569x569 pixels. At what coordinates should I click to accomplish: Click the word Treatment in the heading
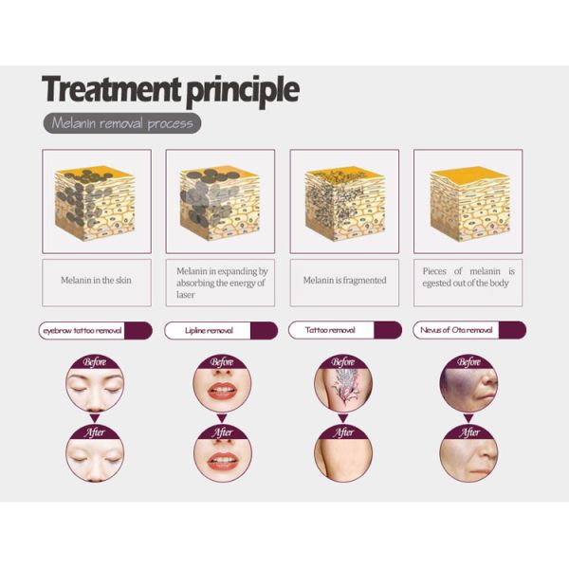click(x=111, y=89)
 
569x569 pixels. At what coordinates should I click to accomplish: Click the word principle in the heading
click(x=243, y=91)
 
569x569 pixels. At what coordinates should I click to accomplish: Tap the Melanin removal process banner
click(x=122, y=123)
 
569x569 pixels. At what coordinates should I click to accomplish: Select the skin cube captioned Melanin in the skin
click(x=95, y=203)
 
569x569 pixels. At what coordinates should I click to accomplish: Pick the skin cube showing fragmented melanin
click(x=344, y=203)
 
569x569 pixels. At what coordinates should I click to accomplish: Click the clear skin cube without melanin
click(x=469, y=203)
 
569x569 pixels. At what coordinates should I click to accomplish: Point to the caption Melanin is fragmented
click(x=345, y=280)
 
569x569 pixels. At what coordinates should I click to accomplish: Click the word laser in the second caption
click(x=186, y=295)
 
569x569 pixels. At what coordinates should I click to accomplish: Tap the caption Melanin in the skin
click(x=96, y=280)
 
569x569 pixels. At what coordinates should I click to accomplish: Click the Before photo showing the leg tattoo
click(x=343, y=383)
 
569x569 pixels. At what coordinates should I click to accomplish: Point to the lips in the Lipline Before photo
click(x=222, y=391)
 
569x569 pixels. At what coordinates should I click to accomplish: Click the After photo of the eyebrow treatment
click(x=95, y=453)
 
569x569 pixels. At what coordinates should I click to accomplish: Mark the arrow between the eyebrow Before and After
click(x=95, y=418)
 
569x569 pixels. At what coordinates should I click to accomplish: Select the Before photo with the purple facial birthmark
click(x=468, y=383)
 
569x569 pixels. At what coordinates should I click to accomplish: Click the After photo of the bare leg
click(x=343, y=453)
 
